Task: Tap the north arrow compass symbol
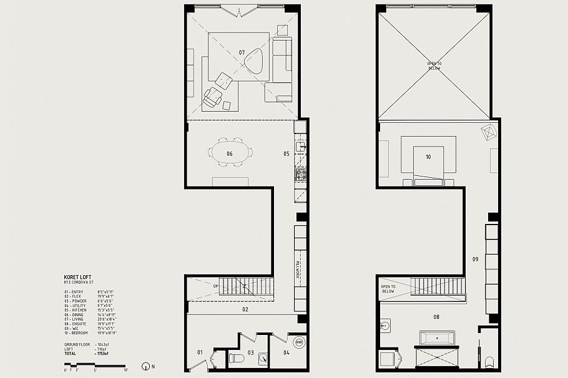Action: [145, 367]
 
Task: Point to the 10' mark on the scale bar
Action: [125, 369]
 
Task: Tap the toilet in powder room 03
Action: [237, 359]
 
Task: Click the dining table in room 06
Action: [230, 153]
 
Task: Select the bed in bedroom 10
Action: [428, 160]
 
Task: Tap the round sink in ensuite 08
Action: [385, 326]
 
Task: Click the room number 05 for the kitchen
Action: [285, 153]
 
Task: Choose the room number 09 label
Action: [475, 259]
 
